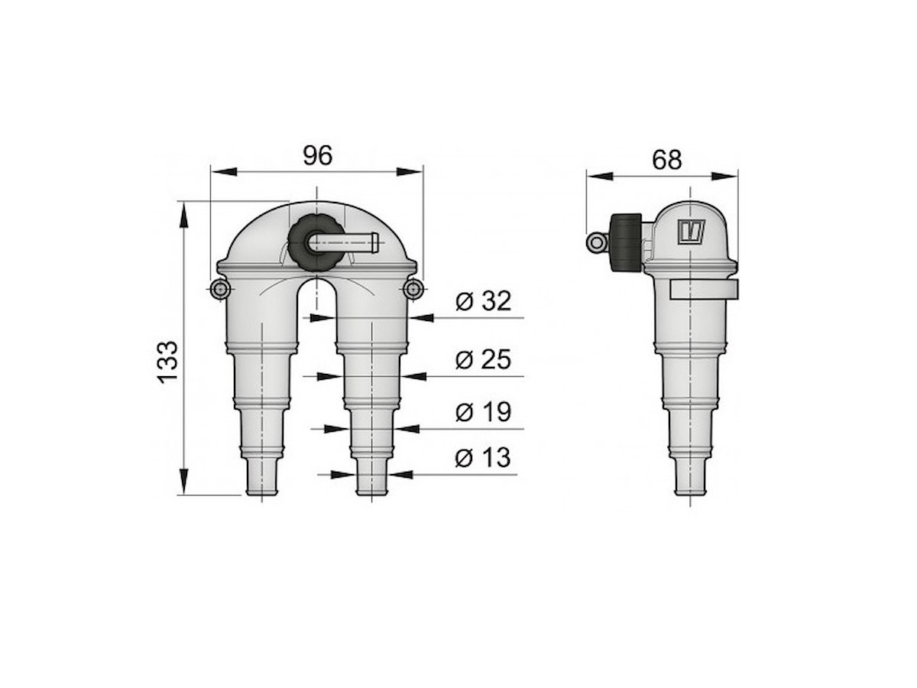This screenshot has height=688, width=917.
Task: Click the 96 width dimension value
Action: (317, 155)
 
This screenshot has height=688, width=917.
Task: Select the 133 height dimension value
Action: (167, 362)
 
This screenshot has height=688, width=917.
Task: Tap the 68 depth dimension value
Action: (667, 160)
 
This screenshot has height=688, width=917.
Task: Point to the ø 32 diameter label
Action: (483, 300)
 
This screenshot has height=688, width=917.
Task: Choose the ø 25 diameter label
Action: (483, 359)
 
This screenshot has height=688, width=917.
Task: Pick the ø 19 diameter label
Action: (483, 412)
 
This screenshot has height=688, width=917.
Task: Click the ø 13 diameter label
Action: (482, 458)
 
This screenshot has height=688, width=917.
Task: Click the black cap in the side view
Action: (625, 242)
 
